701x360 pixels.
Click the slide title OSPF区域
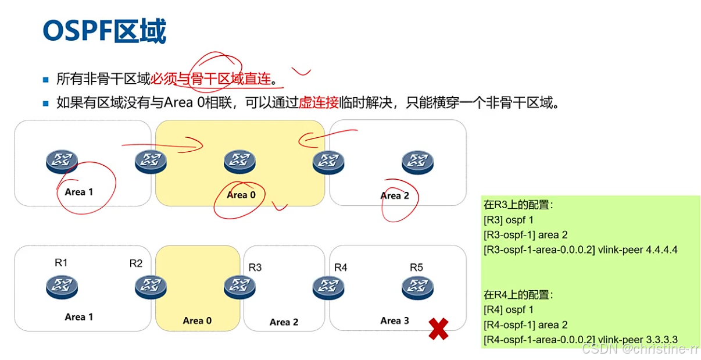pyautogui.click(x=105, y=31)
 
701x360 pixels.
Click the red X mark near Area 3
pyautogui.click(x=438, y=329)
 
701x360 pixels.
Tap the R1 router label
pyautogui.click(x=62, y=263)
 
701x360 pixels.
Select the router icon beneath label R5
pyautogui.click(x=417, y=287)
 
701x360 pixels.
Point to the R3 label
pyautogui.click(x=255, y=268)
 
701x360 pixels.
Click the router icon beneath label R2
pyautogui.click(x=151, y=287)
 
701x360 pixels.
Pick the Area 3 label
pyautogui.click(x=395, y=320)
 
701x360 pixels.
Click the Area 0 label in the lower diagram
pyautogui.click(x=197, y=320)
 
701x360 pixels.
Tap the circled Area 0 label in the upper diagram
pyautogui.click(x=241, y=195)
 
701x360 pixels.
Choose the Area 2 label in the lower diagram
pyautogui.click(x=284, y=322)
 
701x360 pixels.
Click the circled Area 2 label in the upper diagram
pyautogui.click(x=395, y=195)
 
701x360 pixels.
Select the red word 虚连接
pyautogui.click(x=319, y=103)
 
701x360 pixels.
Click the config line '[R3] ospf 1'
pyautogui.click(x=508, y=220)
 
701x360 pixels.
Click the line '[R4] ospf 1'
pyautogui.click(x=508, y=309)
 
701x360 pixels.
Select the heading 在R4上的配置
pyautogui.click(x=518, y=294)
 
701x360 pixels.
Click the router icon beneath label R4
pyautogui.click(x=328, y=287)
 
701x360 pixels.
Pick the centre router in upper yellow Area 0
pyautogui.click(x=239, y=162)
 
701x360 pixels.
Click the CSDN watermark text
pyautogui.click(x=639, y=349)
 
